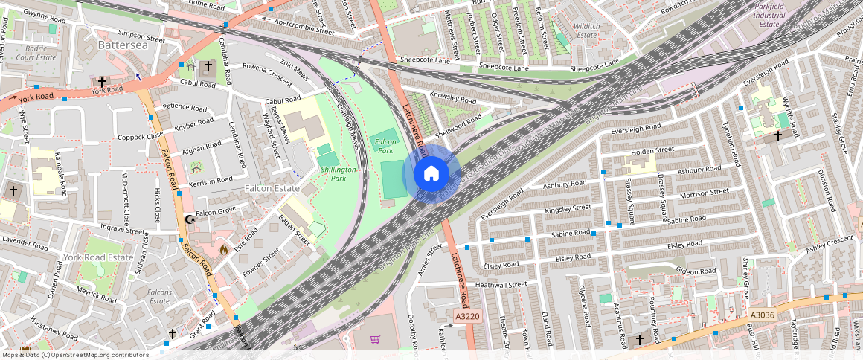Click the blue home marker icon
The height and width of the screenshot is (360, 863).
431,174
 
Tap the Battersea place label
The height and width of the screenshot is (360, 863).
123,45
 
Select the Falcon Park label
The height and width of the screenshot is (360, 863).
385,145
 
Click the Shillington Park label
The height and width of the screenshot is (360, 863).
339,174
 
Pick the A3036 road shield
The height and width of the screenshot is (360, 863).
763,315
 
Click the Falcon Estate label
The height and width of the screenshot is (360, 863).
273,189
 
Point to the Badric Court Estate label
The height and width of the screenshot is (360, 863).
36,52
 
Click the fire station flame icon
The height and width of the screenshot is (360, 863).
222,251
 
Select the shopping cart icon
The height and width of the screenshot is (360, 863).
376,340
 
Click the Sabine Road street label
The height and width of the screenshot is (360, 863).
571,234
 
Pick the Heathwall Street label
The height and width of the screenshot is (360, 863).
501,284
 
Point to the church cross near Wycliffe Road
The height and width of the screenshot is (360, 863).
778,136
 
